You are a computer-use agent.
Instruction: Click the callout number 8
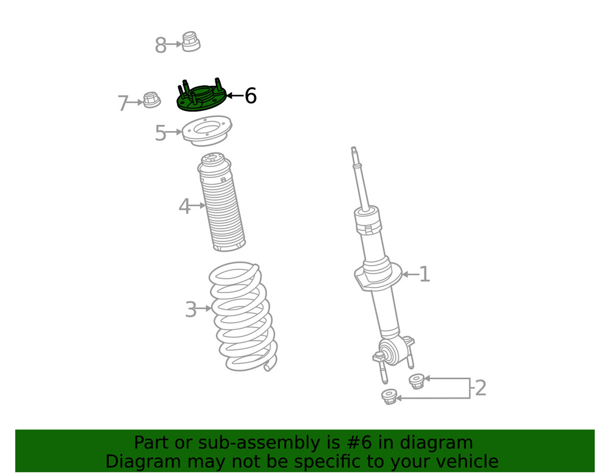point(160,45)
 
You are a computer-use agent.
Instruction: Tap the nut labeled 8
point(191,42)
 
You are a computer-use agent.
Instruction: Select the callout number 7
point(123,104)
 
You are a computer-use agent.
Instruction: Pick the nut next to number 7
point(151,101)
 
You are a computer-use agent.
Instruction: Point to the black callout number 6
point(250,96)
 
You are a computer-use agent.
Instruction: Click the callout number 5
point(160,133)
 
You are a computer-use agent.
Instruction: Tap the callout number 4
point(184,207)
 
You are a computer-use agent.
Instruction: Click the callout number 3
point(191,310)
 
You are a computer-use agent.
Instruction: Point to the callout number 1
point(425,274)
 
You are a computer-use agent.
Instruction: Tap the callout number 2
point(481,388)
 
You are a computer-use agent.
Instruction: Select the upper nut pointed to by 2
point(417,382)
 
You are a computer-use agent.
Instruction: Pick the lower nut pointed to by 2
point(389,397)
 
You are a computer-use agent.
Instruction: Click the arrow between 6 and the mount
point(235,96)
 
